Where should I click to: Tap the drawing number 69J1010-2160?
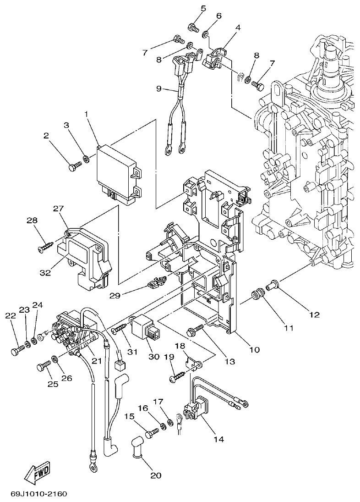[x=38, y=494]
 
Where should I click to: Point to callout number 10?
[x=254, y=350]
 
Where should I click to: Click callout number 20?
[x=156, y=475]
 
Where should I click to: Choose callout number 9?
[x=159, y=89]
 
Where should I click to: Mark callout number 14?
[x=218, y=439]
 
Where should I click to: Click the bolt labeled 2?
[x=73, y=167]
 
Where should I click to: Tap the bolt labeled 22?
[x=15, y=352]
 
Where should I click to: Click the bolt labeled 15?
[x=152, y=432]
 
